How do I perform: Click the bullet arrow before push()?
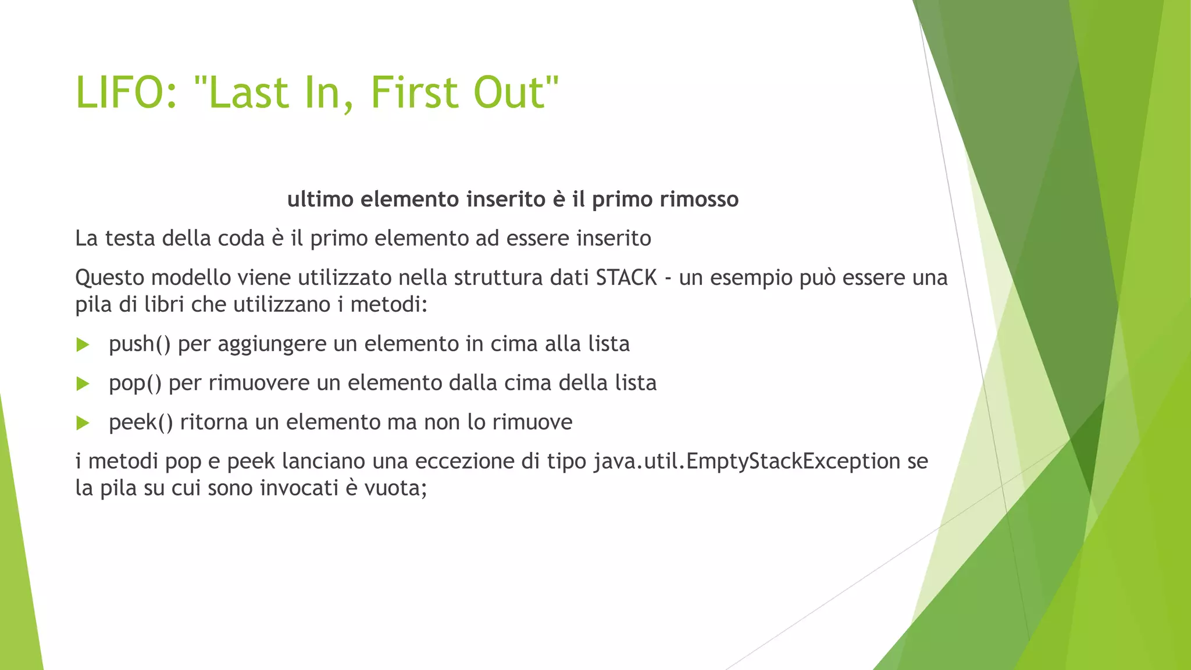83,345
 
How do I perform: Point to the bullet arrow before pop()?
83,384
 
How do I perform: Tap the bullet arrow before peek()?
83,423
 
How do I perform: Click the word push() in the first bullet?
140,344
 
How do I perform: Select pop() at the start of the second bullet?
135,383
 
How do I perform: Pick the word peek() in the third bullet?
141,422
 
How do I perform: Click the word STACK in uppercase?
626,277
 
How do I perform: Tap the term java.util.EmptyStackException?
747,461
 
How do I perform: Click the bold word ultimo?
320,199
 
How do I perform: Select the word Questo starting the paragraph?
109,278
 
